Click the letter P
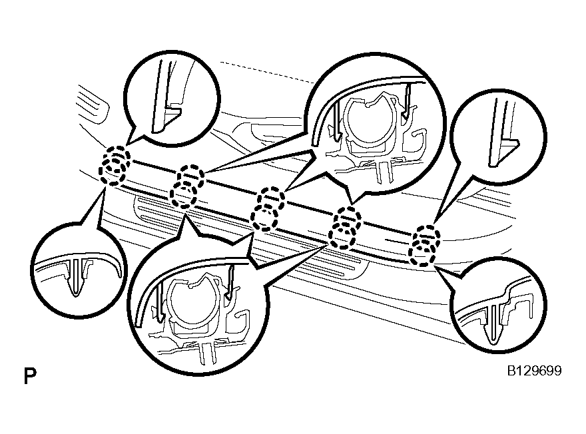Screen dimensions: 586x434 click(x=30, y=376)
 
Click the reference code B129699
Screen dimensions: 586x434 click(x=534, y=371)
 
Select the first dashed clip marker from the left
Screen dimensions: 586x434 click(x=115, y=166)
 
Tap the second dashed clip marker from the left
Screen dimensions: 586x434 click(x=187, y=186)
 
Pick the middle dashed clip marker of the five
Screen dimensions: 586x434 click(x=266, y=209)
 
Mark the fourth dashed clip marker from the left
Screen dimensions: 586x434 click(x=344, y=228)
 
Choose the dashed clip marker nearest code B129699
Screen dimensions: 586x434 click(x=424, y=246)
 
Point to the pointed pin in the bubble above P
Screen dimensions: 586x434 click(x=76, y=276)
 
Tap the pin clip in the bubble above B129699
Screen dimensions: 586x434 click(x=494, y=323)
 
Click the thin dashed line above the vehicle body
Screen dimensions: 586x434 click(x=267, y=72)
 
